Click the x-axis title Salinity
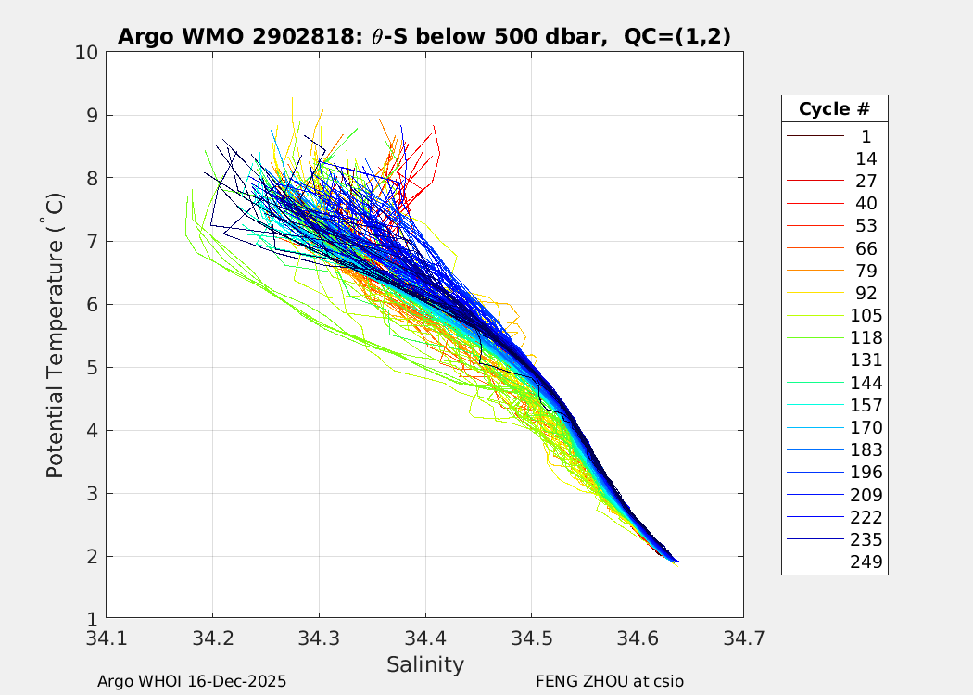click(424, 664)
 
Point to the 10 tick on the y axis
click(87, 52)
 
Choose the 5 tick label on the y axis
click(92, 367)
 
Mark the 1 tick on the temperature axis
click(92, 619)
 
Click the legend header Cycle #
click(834, 108)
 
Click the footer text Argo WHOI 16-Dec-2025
click(192, 681)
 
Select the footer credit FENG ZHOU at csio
click(610, 681)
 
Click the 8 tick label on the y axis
click(92, 178)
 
